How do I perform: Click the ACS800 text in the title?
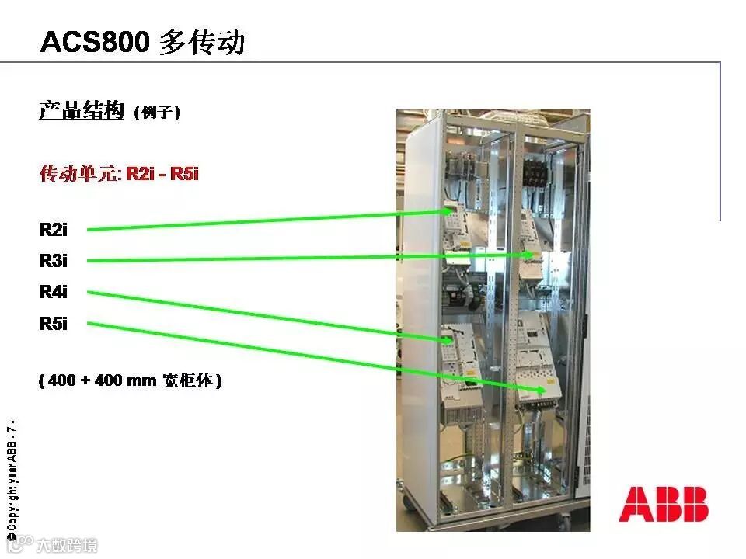[x=94, y=42]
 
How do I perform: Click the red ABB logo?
[x=663, y=504]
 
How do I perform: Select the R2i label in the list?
[x=53, y=230]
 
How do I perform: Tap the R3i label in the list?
[x=53, y=261]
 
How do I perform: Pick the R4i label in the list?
[x=53, y=292]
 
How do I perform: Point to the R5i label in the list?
[x=53, y=324]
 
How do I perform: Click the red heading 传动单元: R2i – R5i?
[x=119, y=173]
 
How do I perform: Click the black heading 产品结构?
[x=82, y=111]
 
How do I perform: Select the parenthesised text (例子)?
[x=157, y=113]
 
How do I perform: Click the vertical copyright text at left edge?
[x=12, y=477]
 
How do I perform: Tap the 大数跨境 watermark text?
[x=67, y=546]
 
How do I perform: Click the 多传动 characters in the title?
[x=202, y=42]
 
